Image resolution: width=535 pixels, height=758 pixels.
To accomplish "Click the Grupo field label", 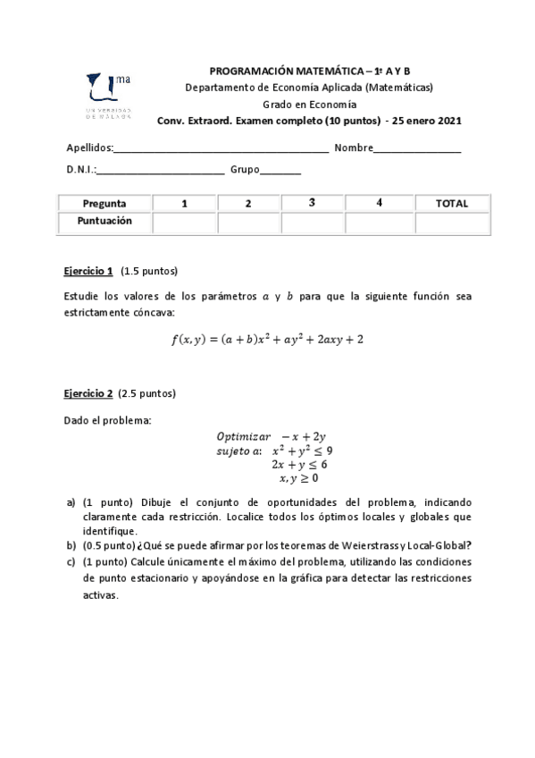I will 246,170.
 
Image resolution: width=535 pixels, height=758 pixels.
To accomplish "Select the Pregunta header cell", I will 104,204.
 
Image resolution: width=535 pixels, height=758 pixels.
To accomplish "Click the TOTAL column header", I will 451,204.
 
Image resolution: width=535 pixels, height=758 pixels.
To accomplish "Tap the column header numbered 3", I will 312,203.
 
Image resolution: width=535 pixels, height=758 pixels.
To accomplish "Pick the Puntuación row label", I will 104,221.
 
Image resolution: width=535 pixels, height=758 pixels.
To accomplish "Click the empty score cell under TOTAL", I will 451,222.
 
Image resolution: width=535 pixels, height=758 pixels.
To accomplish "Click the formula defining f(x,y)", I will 267,339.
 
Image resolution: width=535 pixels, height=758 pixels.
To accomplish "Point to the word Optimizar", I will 243,436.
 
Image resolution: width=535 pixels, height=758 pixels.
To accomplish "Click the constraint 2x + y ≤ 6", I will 299,465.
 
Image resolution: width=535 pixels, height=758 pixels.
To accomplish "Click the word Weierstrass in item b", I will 372,545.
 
